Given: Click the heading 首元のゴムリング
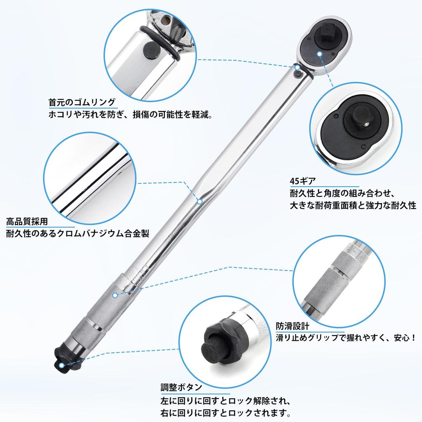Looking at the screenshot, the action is pos(82,103).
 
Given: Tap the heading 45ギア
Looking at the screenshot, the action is pos(302,181).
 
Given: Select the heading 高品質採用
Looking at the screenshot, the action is pos(27,221).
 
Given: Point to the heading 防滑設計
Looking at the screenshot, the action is pos(292,326).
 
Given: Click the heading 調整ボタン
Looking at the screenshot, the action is pos(181,387).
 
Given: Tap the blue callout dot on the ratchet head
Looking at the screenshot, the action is pos(319,54).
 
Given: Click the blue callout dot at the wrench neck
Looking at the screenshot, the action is pos(297,67).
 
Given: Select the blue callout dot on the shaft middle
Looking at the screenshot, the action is pos(200,201).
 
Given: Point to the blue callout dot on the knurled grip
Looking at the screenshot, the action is pos(115,295).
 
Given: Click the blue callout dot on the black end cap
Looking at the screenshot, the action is pos(62,365).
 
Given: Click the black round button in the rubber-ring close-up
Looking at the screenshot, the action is pos(151,50).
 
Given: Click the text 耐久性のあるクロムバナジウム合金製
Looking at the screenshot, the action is pos(77,233).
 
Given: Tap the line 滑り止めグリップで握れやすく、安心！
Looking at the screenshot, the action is pos(346,338).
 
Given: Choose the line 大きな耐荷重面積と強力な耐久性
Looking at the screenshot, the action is pos(353,205).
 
